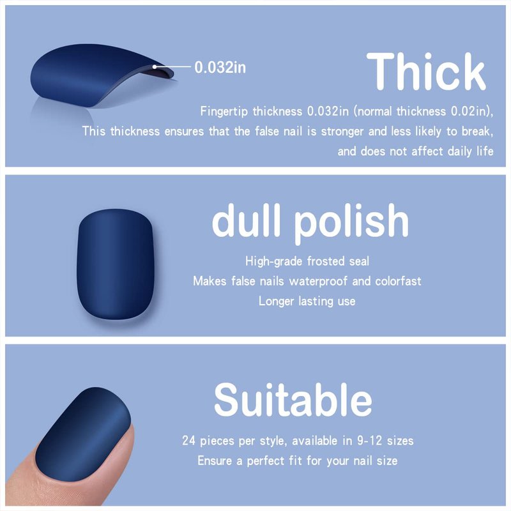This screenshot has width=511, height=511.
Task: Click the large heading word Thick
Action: click(x=426, y=72)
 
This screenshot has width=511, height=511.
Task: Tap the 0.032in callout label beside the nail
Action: click(x=220, y=68)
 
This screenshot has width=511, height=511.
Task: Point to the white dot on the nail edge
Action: click(x=155, y=67)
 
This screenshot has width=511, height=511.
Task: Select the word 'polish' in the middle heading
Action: click(x=352, y=222)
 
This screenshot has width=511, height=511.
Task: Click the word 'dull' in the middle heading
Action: click(x=247, y=220)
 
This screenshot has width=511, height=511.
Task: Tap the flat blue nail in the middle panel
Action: click(x=116, y=264)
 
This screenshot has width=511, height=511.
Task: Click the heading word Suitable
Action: click(x=293, y=400)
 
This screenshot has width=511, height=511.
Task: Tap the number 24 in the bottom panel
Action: click(x=188, y=441)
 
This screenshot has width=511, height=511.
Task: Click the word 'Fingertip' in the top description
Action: click(x=224, y=111)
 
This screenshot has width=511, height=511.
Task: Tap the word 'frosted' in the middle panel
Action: click(x=326, y=261)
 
